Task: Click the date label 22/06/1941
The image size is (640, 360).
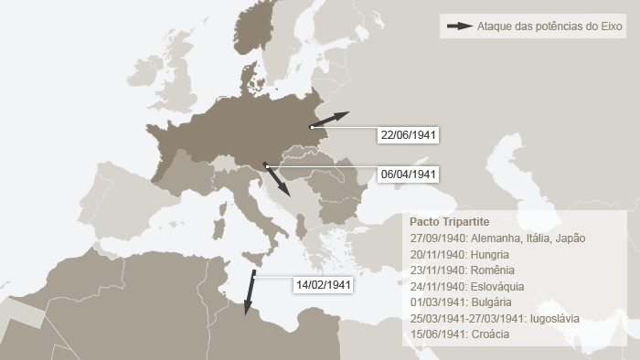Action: click(409, 135)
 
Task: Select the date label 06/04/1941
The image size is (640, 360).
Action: click(409, 175)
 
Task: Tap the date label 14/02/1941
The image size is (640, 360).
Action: click(322, 285)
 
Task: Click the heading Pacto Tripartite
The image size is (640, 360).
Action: click(449, 222)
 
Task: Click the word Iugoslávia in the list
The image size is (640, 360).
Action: click(551, 318)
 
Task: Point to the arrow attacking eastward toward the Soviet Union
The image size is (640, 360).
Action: click(330, 120)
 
